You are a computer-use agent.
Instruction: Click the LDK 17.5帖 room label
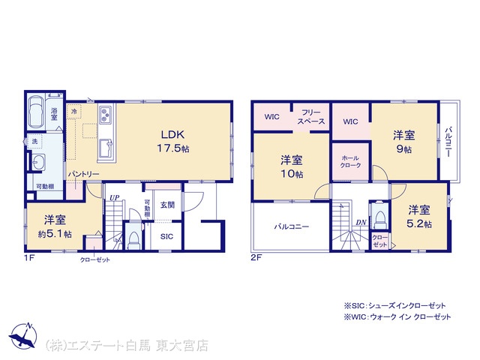(173, 141)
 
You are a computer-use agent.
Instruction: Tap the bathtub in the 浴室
(35, 112)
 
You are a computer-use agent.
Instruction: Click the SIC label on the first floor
(166, 236)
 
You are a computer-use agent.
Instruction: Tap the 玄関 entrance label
(167, 205)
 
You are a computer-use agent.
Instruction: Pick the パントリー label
(83, 174)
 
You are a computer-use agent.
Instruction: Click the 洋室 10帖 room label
(292, 166)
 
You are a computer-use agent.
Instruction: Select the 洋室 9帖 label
(403, 142)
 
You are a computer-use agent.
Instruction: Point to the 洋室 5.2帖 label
(419, 217)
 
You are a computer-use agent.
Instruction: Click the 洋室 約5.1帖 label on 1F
(55, 226)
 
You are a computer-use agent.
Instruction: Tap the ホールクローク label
(350, 162)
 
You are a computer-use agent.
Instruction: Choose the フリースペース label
(311, 117)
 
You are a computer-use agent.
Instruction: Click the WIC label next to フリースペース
(271, 117)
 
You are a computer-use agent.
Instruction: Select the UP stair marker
(115, 198)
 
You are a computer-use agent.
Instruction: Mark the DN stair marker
(361, 223)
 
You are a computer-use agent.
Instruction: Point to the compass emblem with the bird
(23, 335)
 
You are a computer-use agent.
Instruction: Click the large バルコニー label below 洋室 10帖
(292, 226)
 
